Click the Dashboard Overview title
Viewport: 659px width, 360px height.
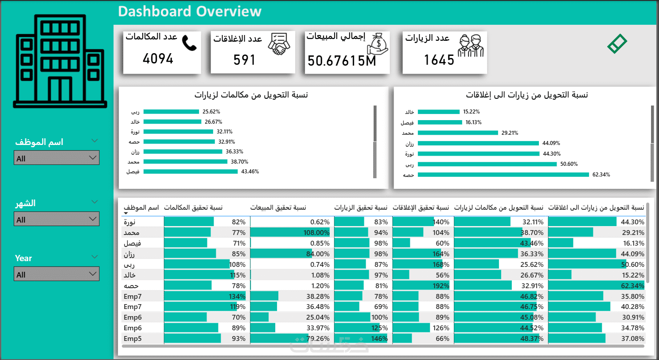click(190, 12)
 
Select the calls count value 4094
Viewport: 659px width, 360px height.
click(158, 59)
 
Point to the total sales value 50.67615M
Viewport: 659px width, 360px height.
click(342, 61)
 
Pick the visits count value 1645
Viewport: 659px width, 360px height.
click(439, 60)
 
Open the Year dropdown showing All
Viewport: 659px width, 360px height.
click(56, 274)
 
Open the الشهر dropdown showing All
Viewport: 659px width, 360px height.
click(56, 219)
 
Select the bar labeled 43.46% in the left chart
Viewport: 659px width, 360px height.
click(191, 172)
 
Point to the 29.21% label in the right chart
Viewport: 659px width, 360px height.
click(510, 133)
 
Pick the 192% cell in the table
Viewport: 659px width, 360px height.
click(441, 286)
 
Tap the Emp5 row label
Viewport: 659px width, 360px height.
click(132, 338)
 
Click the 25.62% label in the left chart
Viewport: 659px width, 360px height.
click(211, 112)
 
